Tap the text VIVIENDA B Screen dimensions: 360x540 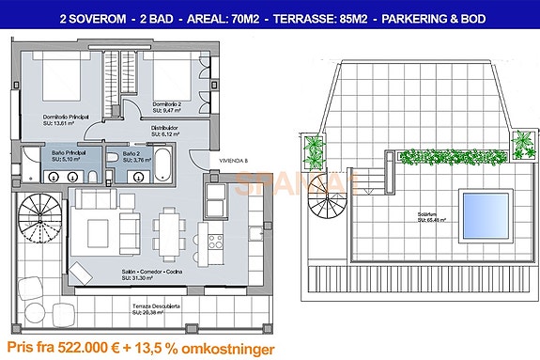point(233,161)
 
